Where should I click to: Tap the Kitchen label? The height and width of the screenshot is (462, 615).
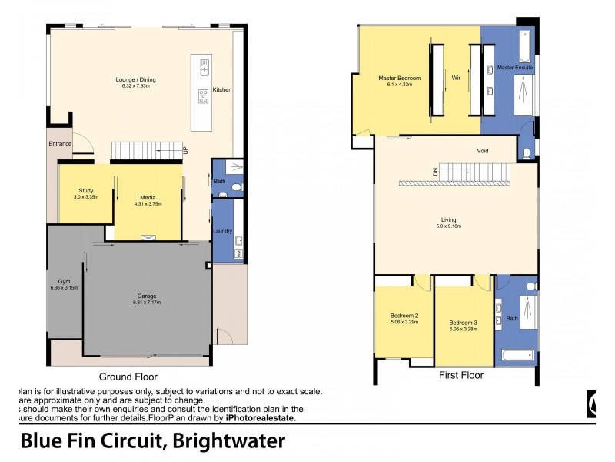222,90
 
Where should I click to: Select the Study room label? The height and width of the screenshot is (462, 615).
86,190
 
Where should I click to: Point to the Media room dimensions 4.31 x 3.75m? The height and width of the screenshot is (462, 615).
148,204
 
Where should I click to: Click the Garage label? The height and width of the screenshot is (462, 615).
147,296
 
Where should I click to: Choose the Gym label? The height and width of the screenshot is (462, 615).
64,282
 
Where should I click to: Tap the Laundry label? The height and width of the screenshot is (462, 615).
222,230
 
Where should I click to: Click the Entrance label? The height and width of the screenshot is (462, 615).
60,143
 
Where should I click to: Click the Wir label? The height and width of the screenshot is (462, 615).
455,78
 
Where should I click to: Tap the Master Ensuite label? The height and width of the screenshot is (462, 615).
515,68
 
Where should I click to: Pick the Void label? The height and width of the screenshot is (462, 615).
483,150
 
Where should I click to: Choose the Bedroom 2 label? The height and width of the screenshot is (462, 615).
405,316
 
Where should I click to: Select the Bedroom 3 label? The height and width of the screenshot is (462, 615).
464,321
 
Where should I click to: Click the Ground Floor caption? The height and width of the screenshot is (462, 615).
128,377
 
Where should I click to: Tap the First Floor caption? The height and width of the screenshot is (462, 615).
461,376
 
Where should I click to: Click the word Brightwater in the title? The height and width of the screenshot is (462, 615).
229,441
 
